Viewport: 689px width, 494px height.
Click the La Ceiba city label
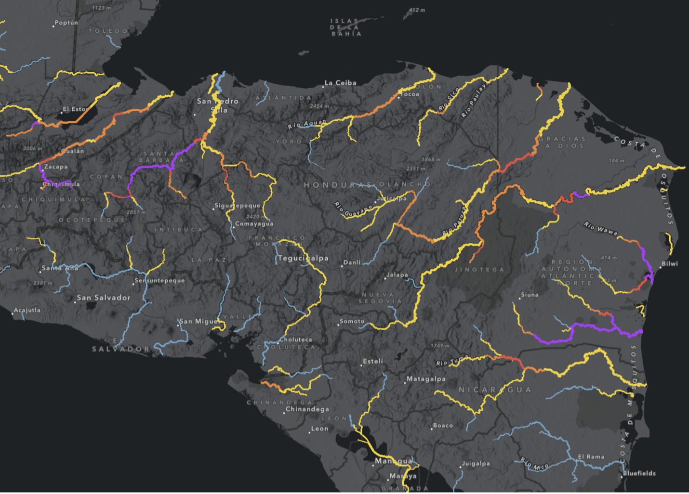pos(340,83)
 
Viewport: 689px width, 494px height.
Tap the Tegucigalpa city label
pos(303,258)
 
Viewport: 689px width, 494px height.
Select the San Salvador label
pos(104,298)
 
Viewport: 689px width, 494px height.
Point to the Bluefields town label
pos(639,473)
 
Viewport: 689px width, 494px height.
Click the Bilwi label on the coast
pos(669,263)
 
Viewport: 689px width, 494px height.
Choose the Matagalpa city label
pos(425,379)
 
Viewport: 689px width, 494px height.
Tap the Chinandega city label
pos(307,409)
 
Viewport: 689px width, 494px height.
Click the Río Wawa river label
pos(600,228)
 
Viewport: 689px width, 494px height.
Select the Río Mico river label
pos(534,463)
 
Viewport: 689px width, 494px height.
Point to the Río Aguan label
pos(307,124)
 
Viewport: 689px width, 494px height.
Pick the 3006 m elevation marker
pos(32,148)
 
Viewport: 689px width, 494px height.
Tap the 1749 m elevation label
pos(440,346)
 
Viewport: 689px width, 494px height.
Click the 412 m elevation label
pos(417,10)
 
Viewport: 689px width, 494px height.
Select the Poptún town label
pos(66,23)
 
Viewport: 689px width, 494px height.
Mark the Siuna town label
pos(530,295)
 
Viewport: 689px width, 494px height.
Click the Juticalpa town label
pos(391,198)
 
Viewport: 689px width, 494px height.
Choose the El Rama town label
pos(591,456)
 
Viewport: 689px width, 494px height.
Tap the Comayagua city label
pos(254,224)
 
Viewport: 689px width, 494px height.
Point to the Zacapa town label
pos(56,167)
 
